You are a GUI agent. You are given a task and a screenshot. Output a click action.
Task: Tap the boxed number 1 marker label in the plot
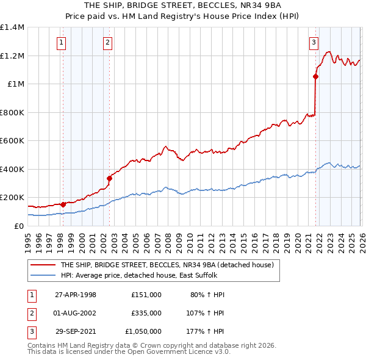tap(63, 43)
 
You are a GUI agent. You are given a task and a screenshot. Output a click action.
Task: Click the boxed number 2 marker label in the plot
tap(107, 43)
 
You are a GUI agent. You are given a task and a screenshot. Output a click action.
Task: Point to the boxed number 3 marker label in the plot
tap(314, 43)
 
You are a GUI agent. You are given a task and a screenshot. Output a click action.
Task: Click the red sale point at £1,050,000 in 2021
tap(315, 77)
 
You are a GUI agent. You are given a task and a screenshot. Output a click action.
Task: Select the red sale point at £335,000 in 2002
tap(109, 179)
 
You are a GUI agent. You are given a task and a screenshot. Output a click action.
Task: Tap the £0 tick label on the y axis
tap(18, 226)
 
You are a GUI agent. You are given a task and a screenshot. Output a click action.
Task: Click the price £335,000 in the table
tap(146, 313)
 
